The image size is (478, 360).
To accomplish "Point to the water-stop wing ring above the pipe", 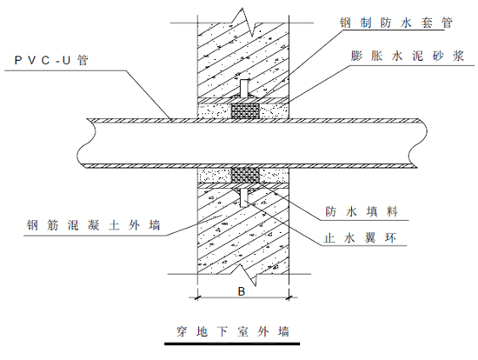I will coord(246,90).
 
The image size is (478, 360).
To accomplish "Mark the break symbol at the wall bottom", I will coord(250,271).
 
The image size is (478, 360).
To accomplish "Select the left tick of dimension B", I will coord(197,297).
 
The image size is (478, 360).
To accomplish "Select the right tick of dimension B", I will coord(292,297).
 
